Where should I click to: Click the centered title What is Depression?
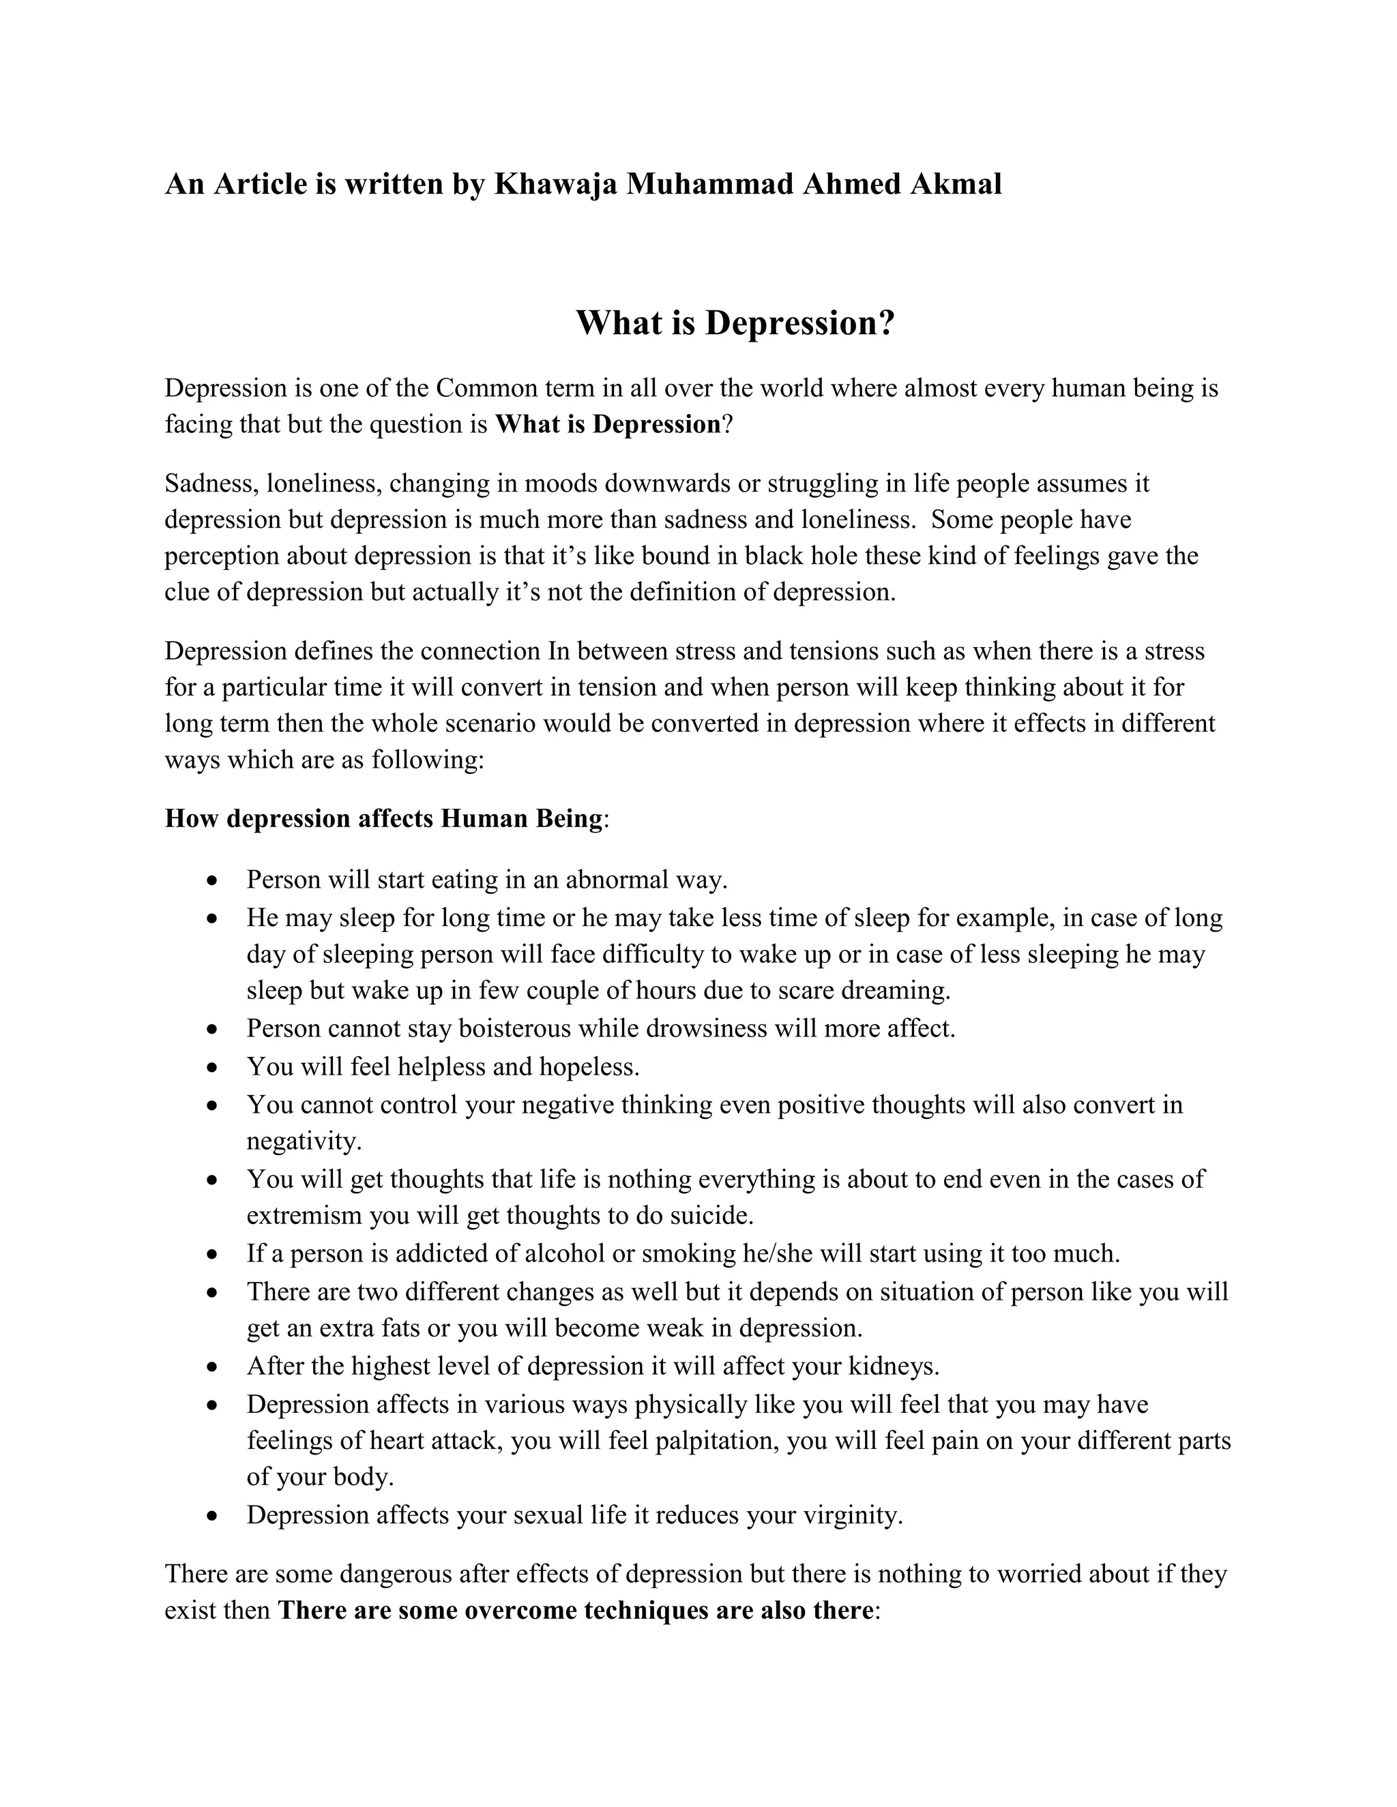pyautogui.click(x=735, y=323)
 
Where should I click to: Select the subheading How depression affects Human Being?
pyautogui.click(x=384, y=818)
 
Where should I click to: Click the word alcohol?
pyautogui.click(x=564, y=1253)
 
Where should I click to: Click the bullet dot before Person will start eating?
pyautogui.click(x=214, y=881)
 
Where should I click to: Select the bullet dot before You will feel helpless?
pyautogui.click(x=214, y=1068)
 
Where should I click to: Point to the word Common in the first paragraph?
pyautogui.click(x=486, y=388)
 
